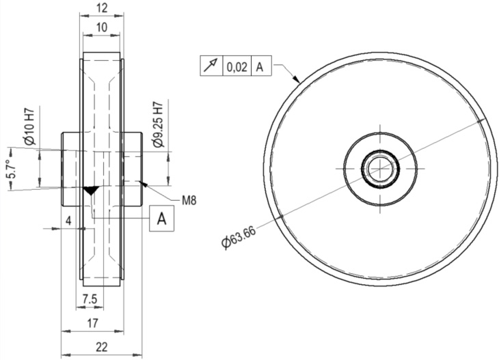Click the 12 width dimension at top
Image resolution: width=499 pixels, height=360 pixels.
102,9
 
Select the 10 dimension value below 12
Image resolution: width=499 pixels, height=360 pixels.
102,28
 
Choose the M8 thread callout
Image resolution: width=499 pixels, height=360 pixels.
189,200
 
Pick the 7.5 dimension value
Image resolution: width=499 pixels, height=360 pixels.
89,299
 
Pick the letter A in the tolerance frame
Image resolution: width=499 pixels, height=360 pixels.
260,66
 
